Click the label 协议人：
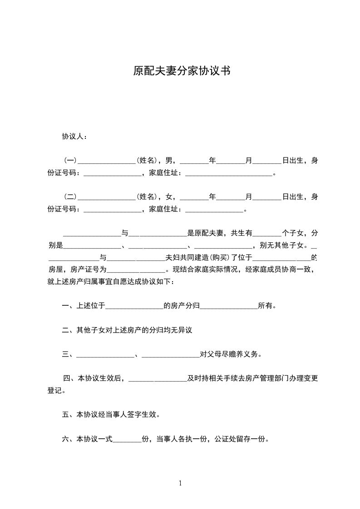[x=75, y=137]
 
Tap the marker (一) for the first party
[x=70, y=160]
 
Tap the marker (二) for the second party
[x=70, y=197]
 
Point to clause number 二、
[x=69, y=330]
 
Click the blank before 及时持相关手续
[x=158, y=379]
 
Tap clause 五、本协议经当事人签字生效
[x=111, y=415]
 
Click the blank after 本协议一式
[x=127, y=440]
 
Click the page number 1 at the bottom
[x=180, y=483]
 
